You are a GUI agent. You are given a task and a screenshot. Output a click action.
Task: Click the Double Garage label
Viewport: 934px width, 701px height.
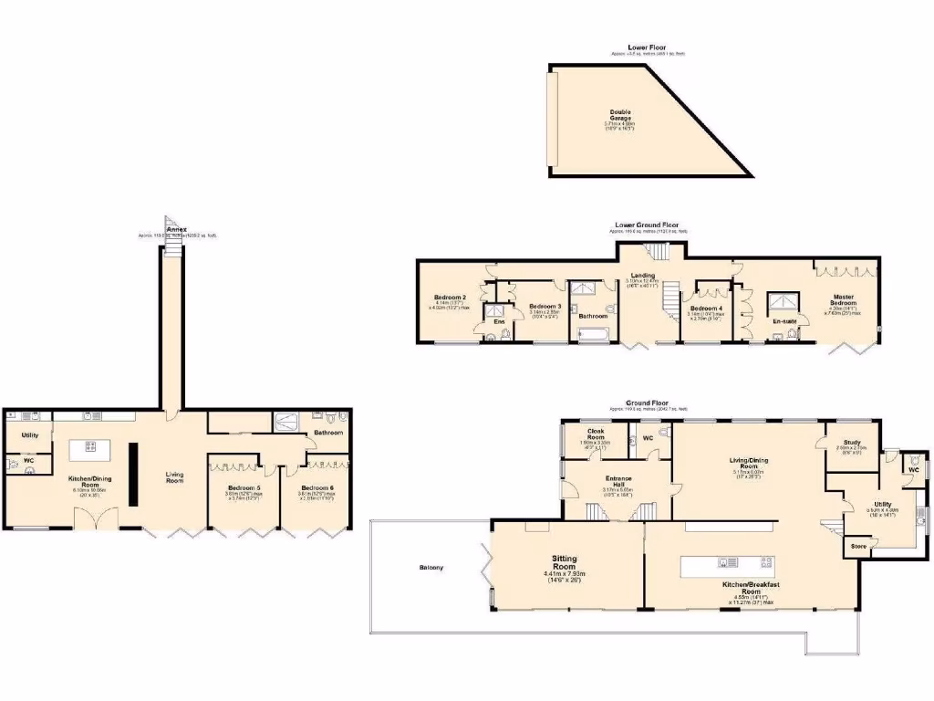pyautogui.click(x=620, y=115)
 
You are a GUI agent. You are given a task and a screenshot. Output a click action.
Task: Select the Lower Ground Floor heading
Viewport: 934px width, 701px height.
pyautogui.click(x=647, y=224)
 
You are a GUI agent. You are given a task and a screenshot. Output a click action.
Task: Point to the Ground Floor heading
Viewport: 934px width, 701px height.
pyautogui.click(x=647, y=403)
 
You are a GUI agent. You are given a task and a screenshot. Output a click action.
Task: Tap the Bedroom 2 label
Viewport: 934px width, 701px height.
pyautogui.click(x=451, y=298)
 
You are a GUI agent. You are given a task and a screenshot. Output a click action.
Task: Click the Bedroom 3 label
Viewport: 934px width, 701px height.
pyautogui.click(x=544, y=306)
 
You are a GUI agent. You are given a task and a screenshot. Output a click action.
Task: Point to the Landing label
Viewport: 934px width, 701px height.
pyautogui.click(x=643, y=274)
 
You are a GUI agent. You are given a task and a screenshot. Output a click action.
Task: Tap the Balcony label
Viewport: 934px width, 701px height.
pyautogui.click(x=431, y=568)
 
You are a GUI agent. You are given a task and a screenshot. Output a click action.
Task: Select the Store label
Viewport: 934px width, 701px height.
pyautogui.click(x=858, y=546)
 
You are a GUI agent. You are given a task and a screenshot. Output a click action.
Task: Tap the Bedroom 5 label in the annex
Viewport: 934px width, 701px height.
pyautogui.click(x=244, y=487)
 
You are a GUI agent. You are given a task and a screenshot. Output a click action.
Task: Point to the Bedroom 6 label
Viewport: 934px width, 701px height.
pyautogui.click(x=317, y=487)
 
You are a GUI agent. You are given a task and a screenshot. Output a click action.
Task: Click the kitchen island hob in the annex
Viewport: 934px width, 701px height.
pyautogui.click(x=91, y=446)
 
